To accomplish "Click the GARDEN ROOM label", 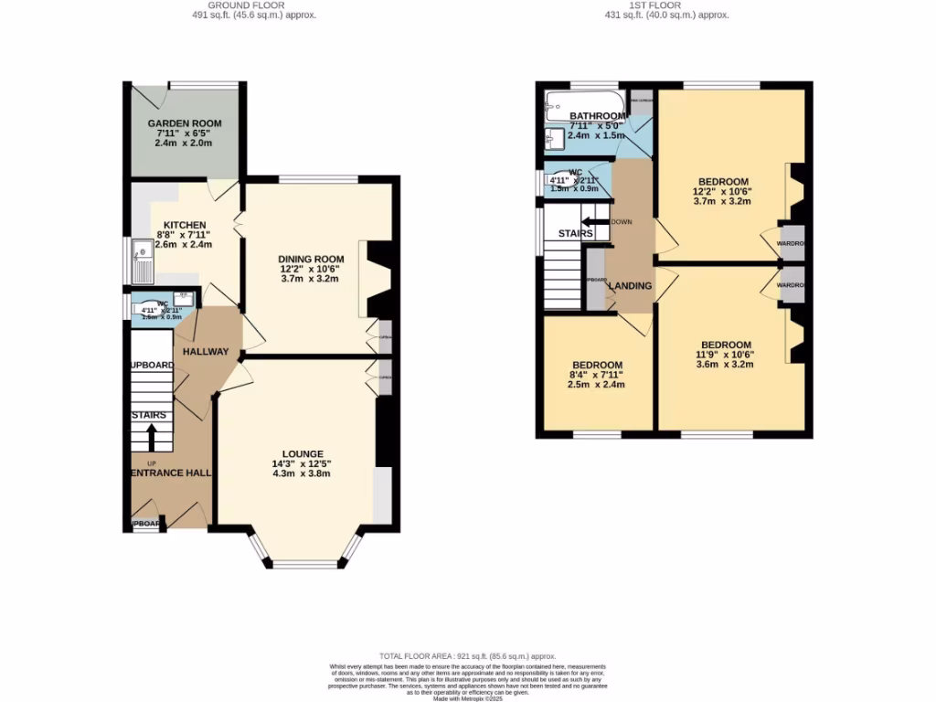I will (185, 123).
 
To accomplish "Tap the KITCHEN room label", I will (185, 225).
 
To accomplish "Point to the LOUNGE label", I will (303, 453).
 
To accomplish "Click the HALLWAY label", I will (206, 352).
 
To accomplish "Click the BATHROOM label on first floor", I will (598, 116).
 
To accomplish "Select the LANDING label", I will (630, 286).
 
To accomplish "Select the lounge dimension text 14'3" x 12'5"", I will (303, 463).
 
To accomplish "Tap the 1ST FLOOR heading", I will (655, 5).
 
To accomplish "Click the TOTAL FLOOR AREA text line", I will (468, 655).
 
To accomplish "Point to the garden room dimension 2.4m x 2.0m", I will (185, 144).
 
